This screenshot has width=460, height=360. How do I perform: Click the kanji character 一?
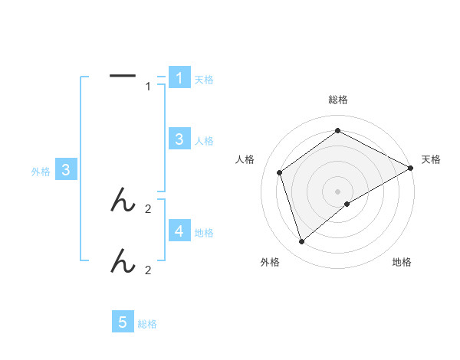point(123,75)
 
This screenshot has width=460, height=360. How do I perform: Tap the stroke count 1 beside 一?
point(148,87)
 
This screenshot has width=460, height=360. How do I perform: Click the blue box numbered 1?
point(179,77)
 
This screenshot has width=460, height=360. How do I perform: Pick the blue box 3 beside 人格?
point(179,139)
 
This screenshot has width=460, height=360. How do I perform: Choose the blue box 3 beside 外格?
point(66,171)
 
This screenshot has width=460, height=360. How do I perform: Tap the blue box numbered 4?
point(179,231)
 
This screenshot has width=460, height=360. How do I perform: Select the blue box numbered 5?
point(123,322)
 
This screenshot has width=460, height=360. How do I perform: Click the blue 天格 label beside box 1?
point(204,79)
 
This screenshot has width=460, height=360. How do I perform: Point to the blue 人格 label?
point(204,141)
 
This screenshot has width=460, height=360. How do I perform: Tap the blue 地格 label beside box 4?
point(204,233)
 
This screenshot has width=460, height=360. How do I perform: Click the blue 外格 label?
point(41,172)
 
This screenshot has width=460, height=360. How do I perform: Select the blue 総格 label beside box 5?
point(147,325)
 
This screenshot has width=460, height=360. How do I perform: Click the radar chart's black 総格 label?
point(337,100)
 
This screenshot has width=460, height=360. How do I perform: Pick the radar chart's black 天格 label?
point(431,159)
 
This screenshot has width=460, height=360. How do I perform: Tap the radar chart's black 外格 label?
point(270,262)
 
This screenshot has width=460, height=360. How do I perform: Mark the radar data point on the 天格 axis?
point(411,168)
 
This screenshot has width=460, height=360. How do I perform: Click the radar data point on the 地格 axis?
point(347,204)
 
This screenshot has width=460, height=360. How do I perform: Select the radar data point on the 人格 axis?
point(280,172)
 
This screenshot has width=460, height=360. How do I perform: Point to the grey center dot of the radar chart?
point(337,191)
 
